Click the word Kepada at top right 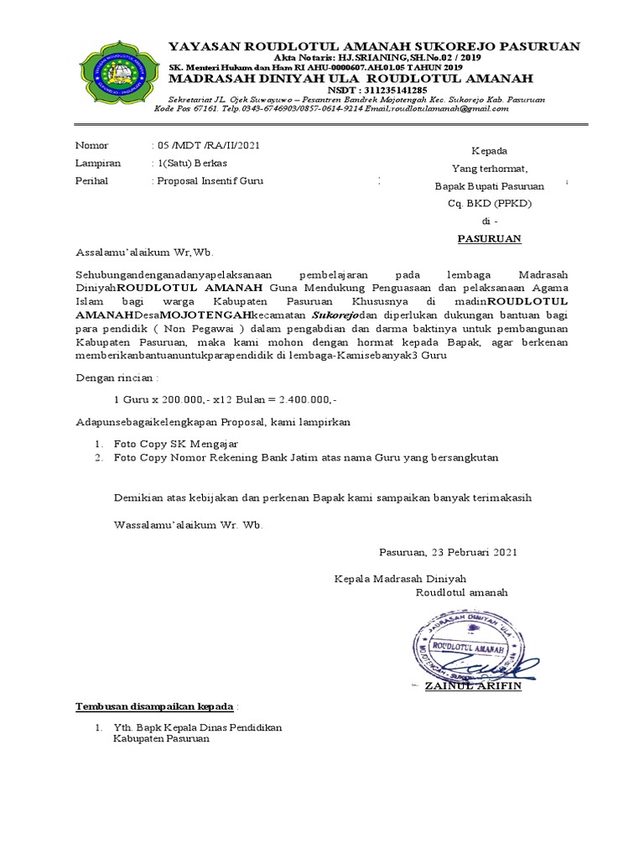coord(489,151)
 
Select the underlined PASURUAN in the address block coord(489,238)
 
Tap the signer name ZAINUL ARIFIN coord(473,686)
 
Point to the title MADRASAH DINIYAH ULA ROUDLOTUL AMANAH coord(351,78)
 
